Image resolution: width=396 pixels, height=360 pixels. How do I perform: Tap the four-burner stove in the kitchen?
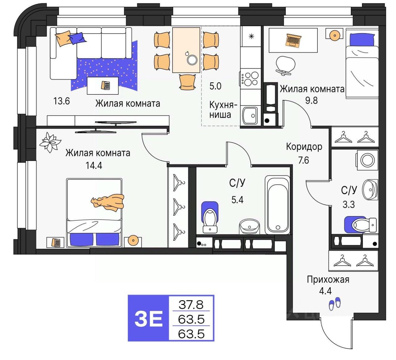pos(250,79)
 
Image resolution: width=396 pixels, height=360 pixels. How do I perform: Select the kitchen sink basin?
pos(250,115)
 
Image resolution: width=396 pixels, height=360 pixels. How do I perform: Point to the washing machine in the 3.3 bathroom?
pos(367,160)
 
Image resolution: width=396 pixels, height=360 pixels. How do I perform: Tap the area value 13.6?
pos(62,101)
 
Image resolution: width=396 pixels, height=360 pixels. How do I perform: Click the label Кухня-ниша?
pos(223,110)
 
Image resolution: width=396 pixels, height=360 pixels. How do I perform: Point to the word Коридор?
pos(304,147)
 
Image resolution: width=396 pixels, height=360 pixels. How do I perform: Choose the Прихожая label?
pos(328,280)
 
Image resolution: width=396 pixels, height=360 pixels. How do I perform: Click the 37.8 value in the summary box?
pos(191,305)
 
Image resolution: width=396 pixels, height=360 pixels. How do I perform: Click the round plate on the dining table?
pos(192,60)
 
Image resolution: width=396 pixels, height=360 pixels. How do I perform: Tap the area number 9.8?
pos(312,101)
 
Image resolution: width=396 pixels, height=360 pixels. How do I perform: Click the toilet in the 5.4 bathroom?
pos(210,217)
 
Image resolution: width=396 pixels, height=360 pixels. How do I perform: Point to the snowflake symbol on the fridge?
pos(251,36)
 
